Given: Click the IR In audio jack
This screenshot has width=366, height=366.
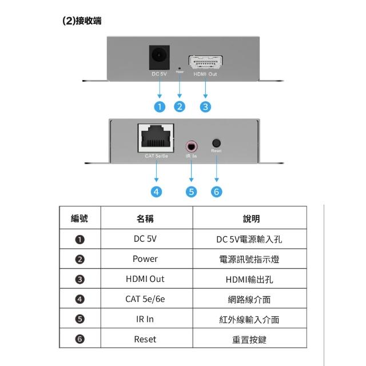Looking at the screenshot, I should click(x=191, y=144).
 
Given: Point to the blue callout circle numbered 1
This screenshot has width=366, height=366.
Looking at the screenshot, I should click(x=160, y=106).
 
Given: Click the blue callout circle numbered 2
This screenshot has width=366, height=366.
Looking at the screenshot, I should click(x=181, y=106).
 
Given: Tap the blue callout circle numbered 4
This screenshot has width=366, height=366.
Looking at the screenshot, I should click(x=156, y=192).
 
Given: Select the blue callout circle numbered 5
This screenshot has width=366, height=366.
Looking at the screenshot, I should click(x=191, y=192).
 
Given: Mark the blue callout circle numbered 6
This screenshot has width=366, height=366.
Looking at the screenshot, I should click(x=216, y=192).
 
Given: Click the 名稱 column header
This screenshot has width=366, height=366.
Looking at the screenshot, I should click(x=145, y=218).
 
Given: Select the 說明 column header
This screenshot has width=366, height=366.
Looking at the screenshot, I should click(x=249, y=218).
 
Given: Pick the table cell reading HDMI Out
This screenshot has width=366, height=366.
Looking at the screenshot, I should click(x=145, y=279).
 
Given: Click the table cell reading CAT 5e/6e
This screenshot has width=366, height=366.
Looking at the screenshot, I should click(x=145, y=299).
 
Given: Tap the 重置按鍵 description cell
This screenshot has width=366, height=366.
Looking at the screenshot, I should click(x=249, y=339).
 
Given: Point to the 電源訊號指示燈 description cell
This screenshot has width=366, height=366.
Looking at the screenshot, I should click(x=249, y=259).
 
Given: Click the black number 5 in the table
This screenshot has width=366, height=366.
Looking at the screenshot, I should click(x=80, y=319).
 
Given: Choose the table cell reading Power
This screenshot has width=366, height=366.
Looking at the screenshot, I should click(x=145, y=259).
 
